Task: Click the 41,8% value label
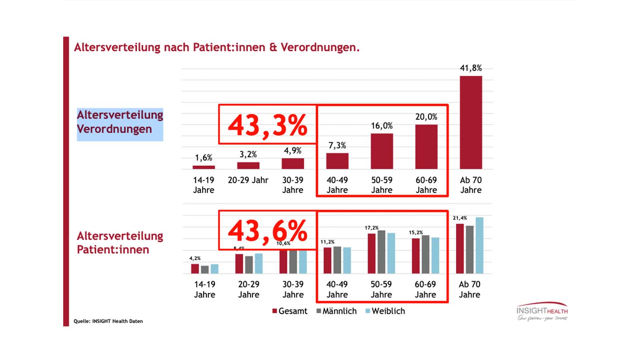471,68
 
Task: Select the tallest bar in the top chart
471,122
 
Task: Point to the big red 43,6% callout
267,231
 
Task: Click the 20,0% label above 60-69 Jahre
426,117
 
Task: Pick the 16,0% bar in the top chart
382,151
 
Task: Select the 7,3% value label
337,146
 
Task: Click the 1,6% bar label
204,158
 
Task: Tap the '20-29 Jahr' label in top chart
248,180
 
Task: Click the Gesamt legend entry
290,311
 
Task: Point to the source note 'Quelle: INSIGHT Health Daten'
108,321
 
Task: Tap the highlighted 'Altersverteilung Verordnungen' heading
120,122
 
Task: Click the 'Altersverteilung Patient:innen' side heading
120,242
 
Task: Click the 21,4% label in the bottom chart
460,218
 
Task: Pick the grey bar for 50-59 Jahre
381,252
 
